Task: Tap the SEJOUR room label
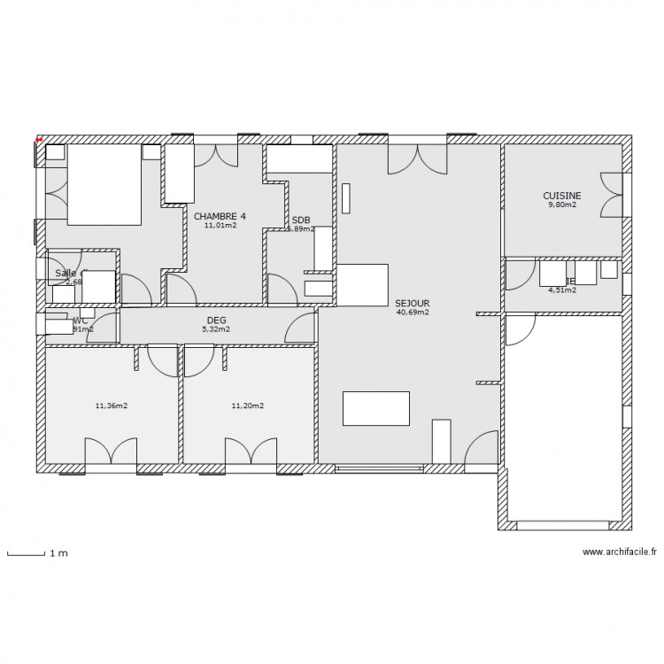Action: (413, 302)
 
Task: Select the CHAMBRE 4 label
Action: (220, 215)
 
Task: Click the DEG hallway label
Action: (216, 320)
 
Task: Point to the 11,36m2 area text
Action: (111, 406)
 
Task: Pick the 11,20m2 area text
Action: (247, 406)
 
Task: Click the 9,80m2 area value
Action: (561, 205)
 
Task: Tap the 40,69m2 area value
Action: (413, 312)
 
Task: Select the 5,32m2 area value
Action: (216, 329)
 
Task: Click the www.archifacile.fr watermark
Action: (620, 552)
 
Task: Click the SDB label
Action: (301, 220)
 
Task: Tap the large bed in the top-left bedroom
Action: (104, 185)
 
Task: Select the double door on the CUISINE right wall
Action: (612, 195)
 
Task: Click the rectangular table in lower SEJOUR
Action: (376, 408)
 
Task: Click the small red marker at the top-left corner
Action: (39, 138)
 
